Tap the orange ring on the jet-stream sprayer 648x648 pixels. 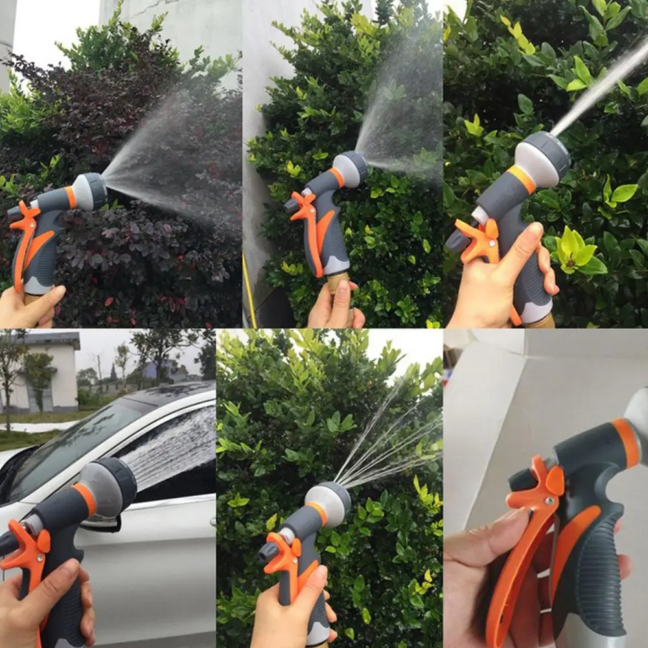tap(521, 178)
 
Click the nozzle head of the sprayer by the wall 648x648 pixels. tap(351, 168)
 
